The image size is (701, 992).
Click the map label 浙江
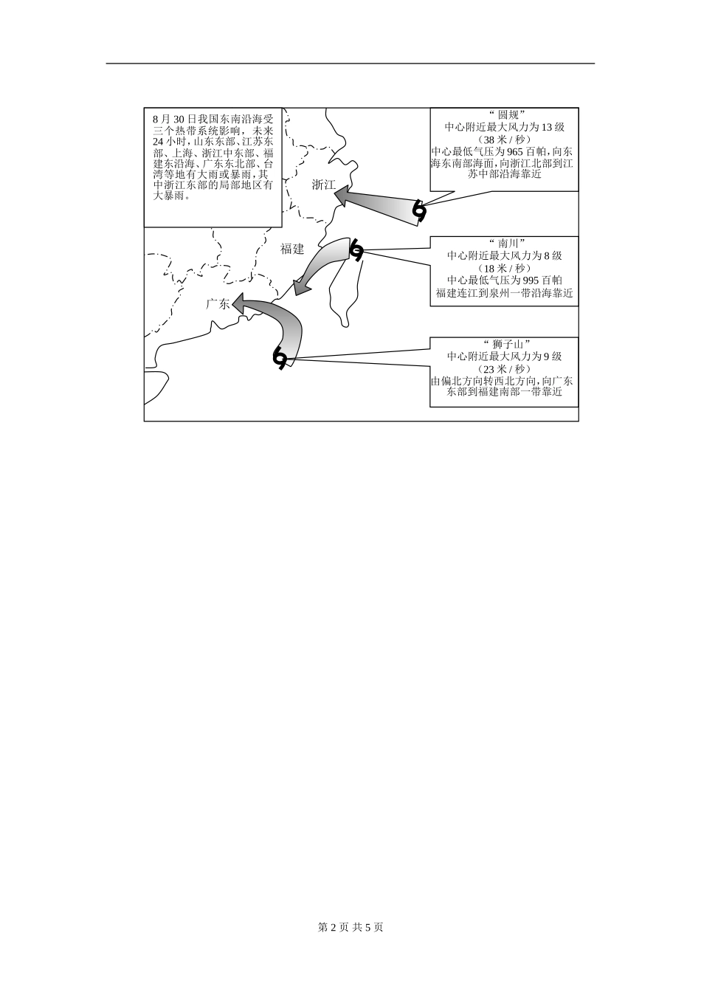coord(323,185)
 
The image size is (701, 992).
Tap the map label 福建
coord(292,249)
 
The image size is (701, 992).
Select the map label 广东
coord(218,303)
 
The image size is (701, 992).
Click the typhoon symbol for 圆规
coord(419,211)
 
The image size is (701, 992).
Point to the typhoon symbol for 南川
coord(356,251)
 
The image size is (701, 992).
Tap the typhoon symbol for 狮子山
coord(280,357)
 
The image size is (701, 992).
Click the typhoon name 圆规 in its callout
coord(505,116)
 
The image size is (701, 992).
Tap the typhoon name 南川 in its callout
coord(505,243)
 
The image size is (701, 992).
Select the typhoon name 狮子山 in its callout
coord(505,344)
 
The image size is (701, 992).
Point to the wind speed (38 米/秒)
coord(505,139)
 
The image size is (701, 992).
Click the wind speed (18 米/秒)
coord(505,267)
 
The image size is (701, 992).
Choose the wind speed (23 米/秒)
coord(505,368)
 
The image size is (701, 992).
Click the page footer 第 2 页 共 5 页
coord(350,927)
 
